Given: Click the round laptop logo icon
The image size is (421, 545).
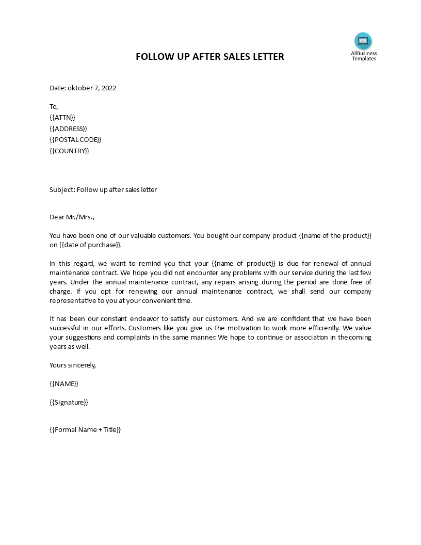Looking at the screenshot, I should [x=363, y=41].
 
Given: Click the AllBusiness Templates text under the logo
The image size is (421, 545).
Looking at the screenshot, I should [x=364, y=56].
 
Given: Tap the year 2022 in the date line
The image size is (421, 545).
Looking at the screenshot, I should [x=109, y=88].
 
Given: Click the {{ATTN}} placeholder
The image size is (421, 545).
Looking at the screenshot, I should [x=62, y=117].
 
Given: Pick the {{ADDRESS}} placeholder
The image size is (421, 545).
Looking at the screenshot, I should [x=69, y=129].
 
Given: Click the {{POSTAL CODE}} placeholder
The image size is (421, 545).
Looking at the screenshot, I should [x=75, y=140].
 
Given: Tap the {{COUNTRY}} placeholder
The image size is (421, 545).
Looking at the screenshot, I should [x=70, y=151].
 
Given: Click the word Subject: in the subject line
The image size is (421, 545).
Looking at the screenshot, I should [x=62, y=189].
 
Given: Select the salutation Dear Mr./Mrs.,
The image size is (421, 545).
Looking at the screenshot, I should [x=72, y=217].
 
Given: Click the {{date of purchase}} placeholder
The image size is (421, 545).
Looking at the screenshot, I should [x=91, y=245].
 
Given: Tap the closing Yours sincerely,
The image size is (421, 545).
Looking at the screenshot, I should [x=73, y=365].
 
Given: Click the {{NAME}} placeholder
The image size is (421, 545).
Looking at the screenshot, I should [x=64, y=383].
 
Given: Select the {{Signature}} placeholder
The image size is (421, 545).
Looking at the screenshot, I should [x=69, y=402].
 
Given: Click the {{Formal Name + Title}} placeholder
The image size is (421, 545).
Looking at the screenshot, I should [x=85, y=429].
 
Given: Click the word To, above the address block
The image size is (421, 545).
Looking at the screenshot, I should [x=54, y=106].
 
